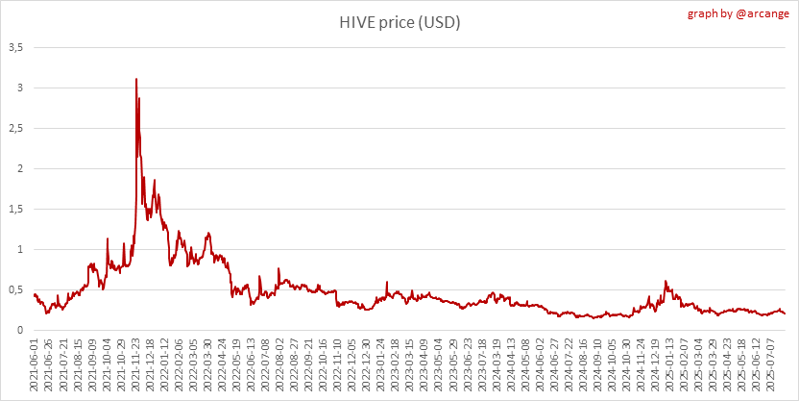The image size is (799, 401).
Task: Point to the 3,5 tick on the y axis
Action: coord(17,47)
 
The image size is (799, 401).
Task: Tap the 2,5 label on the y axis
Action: coord(17,128)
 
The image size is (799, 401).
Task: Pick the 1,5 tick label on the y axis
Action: coord(17,209)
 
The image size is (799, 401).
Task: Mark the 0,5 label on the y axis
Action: coord(17,289)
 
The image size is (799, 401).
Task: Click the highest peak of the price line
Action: coord(136,79)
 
